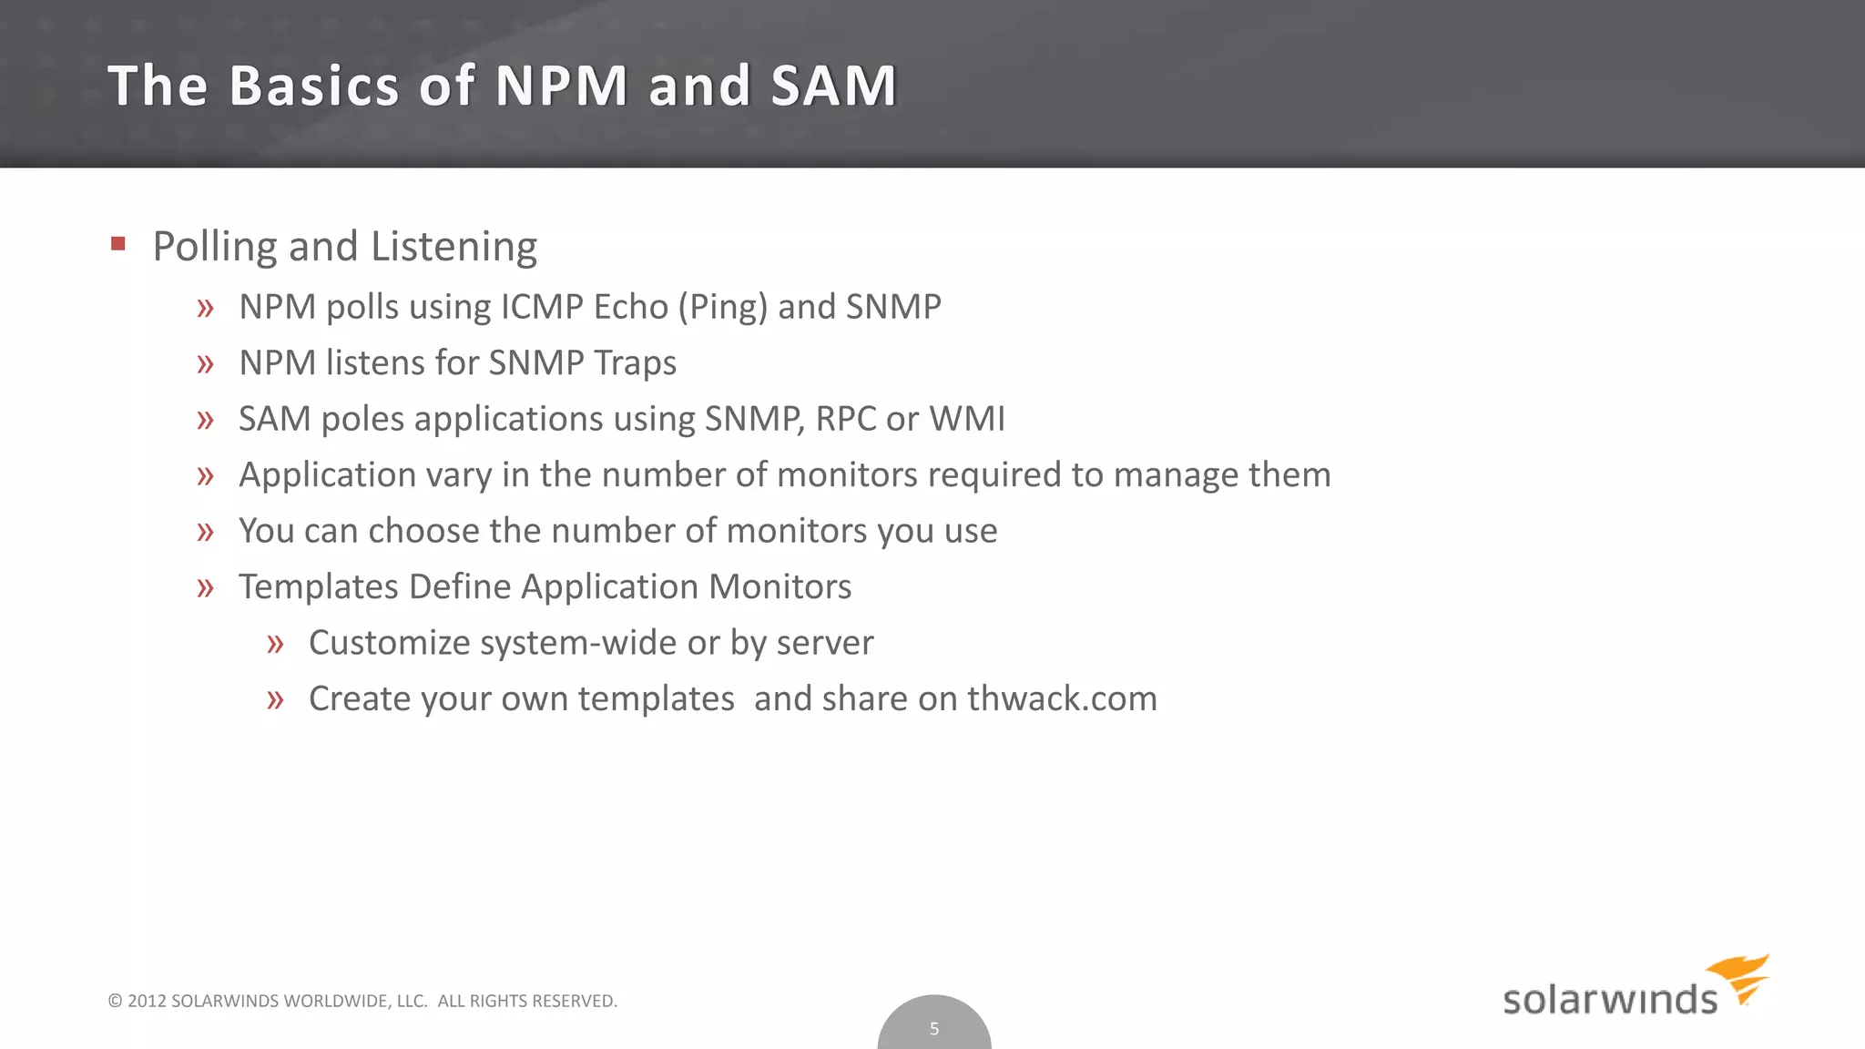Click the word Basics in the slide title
click(x=314, y=86)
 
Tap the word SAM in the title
click(x=833, y=86)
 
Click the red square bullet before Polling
click(x=117, y=243)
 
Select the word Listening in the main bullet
click(x=454, y=247)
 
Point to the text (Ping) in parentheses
click(x=723, y=308)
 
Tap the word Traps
click(x=635, y=363)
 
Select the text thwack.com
click(x=1062, y=699)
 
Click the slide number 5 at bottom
click(x=933, y=1029)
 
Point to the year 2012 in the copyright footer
click(x=147, y=1001)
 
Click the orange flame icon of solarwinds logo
click(x=1741, y=977)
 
